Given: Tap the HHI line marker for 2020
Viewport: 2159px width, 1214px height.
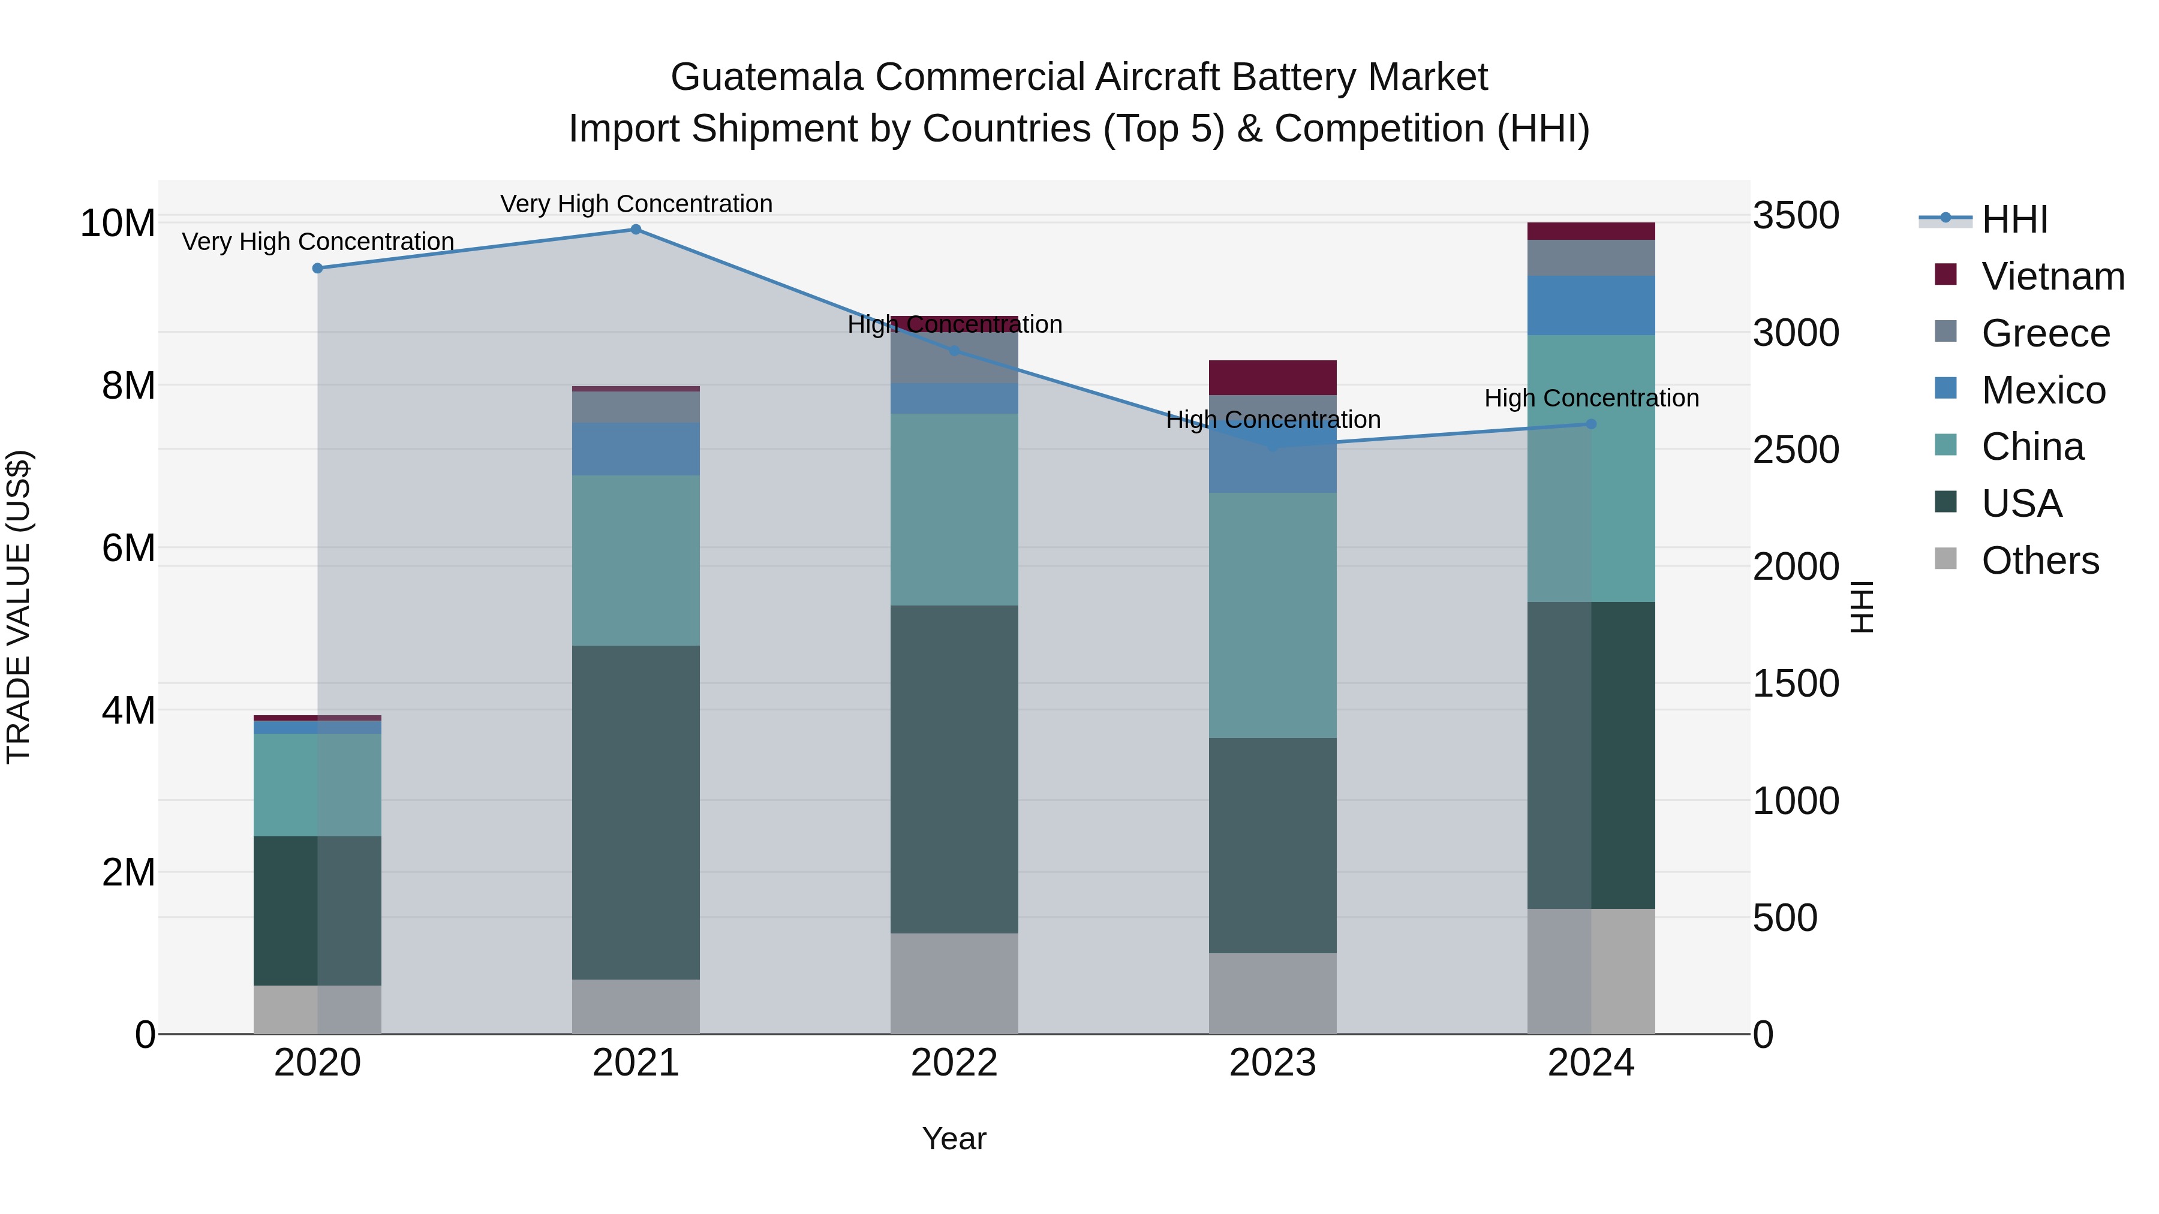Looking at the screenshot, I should click(318, 268).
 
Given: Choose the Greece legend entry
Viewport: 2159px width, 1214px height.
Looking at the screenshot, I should click(2045, 333).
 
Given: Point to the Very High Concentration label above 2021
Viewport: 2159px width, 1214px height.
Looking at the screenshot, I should click(636, 204).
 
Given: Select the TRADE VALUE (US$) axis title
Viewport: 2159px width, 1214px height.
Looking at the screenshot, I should click(19, 607).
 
